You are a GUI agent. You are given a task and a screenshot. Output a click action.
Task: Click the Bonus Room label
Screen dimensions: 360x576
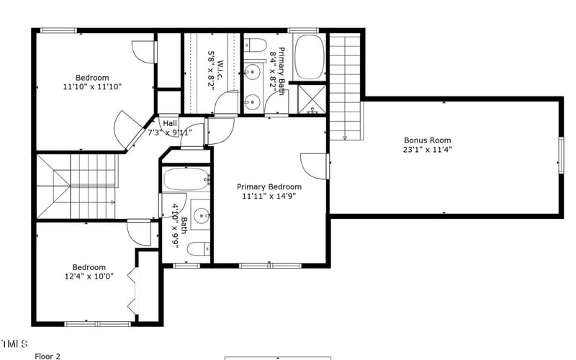pos(428,140)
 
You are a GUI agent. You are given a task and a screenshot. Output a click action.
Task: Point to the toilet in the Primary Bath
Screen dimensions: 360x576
pos(256,46)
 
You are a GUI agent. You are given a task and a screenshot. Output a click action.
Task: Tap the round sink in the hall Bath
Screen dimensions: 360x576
pos(202,215)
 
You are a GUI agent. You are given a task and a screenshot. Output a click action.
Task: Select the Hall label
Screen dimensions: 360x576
pos(170,123)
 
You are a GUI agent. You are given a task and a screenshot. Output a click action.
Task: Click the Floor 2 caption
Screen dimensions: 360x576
pos(48,356)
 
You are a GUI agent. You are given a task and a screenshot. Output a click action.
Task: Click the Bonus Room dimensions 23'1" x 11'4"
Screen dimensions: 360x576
pos(428,150)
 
